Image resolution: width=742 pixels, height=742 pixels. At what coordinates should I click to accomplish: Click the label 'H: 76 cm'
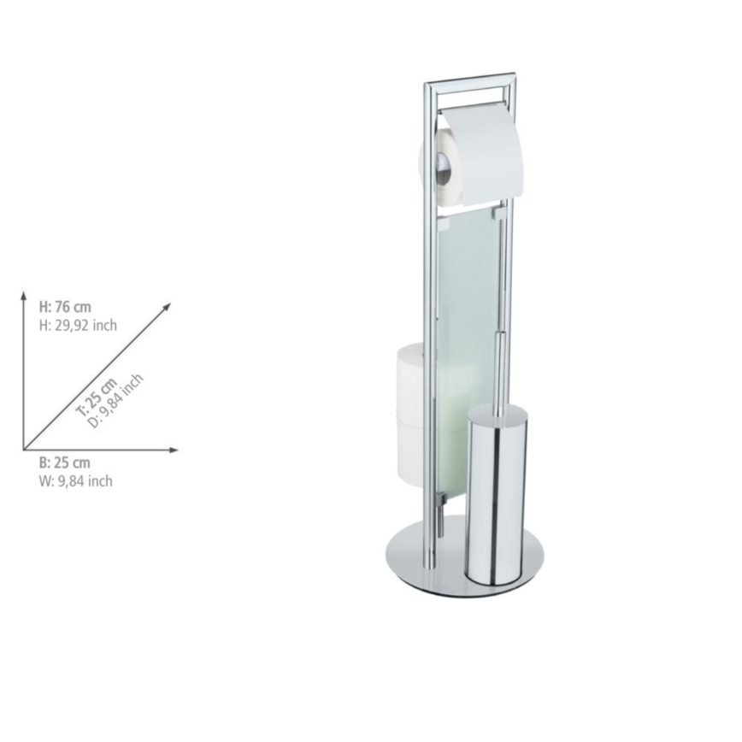[65, 307]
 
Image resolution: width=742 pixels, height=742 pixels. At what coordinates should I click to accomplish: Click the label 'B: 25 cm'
[64, 463]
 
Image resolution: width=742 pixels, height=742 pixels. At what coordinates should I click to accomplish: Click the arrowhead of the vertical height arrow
[24, 296]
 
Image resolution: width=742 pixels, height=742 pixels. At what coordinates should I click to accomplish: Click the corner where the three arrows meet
[24, 450]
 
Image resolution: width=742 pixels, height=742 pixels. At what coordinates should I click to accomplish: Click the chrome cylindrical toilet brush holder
[497, 500]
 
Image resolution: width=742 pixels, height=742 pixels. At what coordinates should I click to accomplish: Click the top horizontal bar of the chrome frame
[470, 83]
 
